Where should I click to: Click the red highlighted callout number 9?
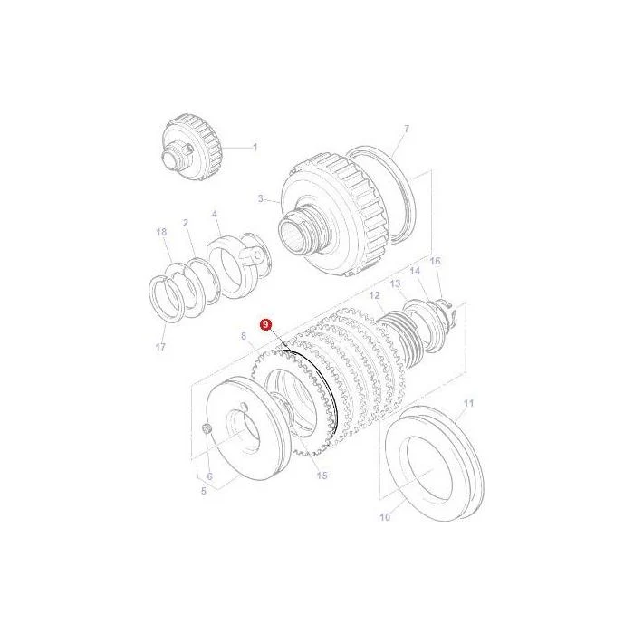click(265, 324)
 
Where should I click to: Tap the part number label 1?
click(255, 147)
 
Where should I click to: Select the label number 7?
click(407, 129)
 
